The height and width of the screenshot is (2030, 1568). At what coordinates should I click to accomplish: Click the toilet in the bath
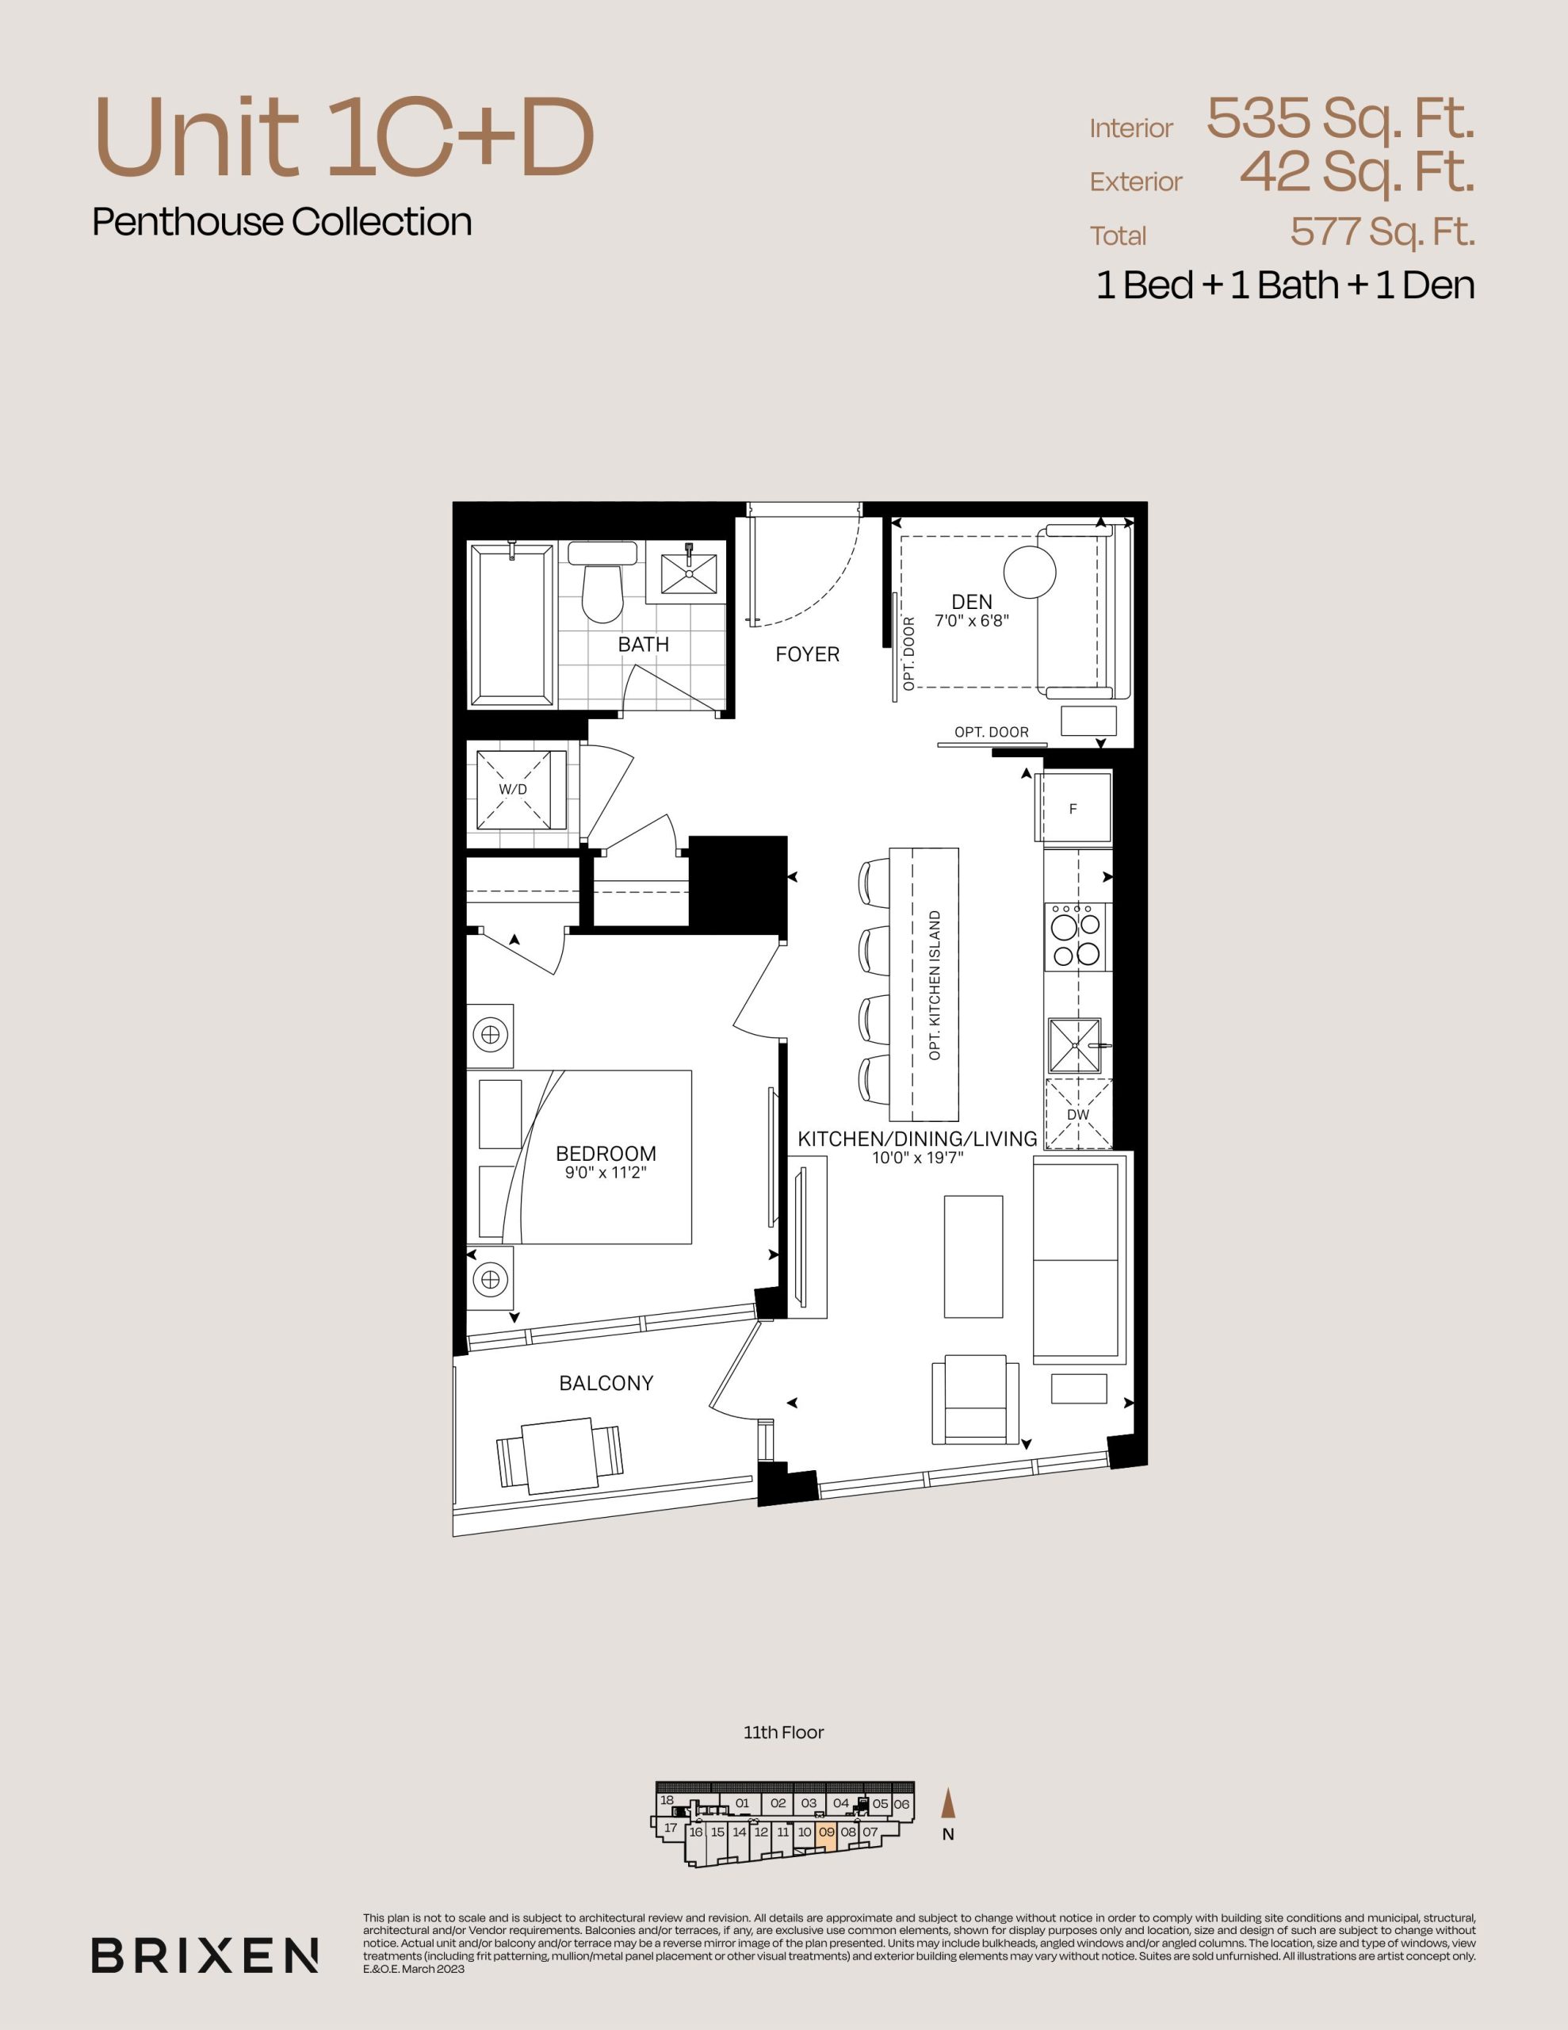[602, 583]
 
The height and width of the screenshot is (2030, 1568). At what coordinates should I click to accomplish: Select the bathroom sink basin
[689, 573]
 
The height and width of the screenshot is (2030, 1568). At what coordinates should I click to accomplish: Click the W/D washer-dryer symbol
[522, 789]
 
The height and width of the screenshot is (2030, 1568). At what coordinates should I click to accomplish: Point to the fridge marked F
[1074, 808]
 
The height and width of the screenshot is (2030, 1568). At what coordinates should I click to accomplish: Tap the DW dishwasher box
[1078, 1113]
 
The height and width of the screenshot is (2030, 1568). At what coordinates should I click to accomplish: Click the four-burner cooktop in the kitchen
[1077, 937]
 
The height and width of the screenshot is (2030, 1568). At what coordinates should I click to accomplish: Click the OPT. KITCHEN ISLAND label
[935, 985]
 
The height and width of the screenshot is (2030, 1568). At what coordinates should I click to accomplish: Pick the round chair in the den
[1028, 572]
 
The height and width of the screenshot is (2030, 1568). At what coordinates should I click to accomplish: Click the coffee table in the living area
[973, 1256]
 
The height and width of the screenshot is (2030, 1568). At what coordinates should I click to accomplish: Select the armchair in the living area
[975, 1399]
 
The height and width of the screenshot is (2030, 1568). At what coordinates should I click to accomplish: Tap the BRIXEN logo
[205, 1955]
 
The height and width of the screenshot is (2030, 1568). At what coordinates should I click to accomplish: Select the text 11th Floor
[783, 1733]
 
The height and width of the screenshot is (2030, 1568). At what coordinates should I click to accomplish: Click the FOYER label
[808, 654]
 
